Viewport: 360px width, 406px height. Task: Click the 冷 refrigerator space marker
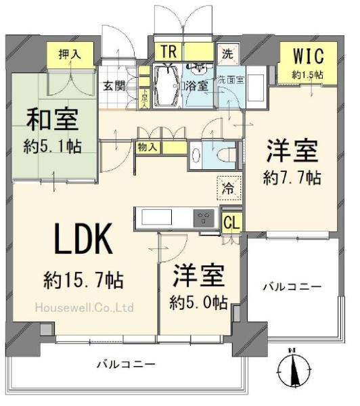point(229,188)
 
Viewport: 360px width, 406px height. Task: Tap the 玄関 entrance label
point(114,86)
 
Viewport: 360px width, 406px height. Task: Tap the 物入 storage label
point(147,146)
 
